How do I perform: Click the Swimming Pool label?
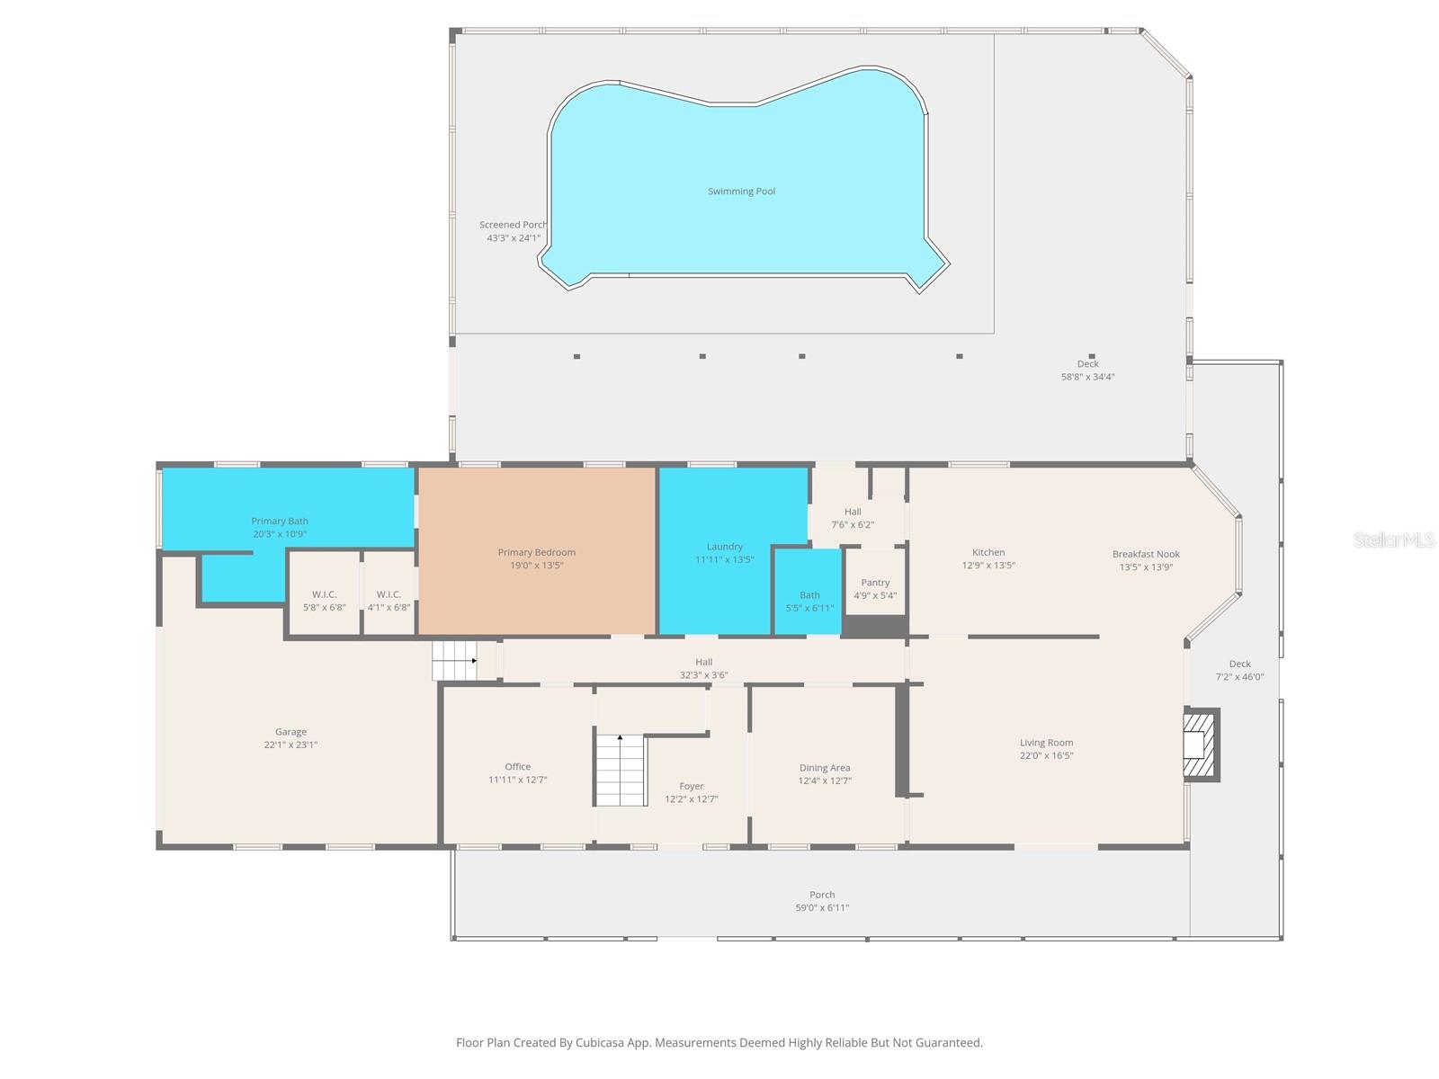(x=741, y=192)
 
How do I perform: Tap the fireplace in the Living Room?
(x=1200, y=745)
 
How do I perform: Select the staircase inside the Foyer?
(x=621, y=770)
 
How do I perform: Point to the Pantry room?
(x=875, y=589)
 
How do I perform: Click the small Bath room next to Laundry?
(x=809, y=602)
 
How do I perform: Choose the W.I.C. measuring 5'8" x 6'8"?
(x=324, y=601)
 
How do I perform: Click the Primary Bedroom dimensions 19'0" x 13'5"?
(x=537, y=566)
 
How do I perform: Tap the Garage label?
(x=290, y=732)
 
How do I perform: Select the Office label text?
(x=517, y=767)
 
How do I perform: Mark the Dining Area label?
(x=825, y=768)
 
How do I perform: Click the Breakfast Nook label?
(x=1146, y=554)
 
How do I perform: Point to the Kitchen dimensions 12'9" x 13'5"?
(x=988, y=566)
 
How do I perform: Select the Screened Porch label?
(x=513, y=225)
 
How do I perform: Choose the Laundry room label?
(x=724, y=547)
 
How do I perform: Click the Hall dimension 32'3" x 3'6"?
(x=704, y=675)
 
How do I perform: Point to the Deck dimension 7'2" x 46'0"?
(x=1239, y=677)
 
